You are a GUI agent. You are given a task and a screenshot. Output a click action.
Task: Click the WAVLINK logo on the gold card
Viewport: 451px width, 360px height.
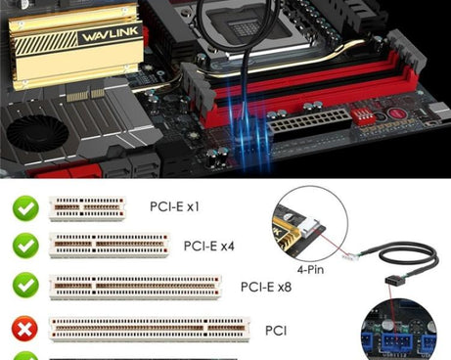pyautogui.click(x=111, y=34)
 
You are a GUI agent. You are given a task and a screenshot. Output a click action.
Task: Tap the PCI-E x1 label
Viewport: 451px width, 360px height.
pyautogui.click(x=174, y=206)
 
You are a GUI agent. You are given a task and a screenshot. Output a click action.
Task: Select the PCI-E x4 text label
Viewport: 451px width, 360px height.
pyautogui.click(x=209, y=247)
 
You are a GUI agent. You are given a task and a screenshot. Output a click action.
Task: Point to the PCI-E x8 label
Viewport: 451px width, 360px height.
pyautogui.click(x=266, y=287)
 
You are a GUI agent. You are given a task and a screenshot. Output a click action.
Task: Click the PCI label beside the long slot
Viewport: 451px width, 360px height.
pyautogui.click(x=276, y=331)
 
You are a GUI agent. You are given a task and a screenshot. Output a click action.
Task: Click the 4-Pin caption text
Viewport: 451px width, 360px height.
pyautogui.click(x=310, y=269)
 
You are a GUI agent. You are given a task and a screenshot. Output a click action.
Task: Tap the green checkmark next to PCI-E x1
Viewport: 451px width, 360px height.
pyautogui.click(x=25, y=208)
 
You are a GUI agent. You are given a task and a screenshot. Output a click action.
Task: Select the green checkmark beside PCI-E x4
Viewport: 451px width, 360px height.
pyautogui.click(x=25, y=246)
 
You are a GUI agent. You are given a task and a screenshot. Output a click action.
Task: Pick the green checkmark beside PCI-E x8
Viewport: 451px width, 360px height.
pyautogui.click(x=25, y=285)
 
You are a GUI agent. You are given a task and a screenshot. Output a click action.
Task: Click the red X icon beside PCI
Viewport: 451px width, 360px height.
pyautogui.click(x=24, y=329)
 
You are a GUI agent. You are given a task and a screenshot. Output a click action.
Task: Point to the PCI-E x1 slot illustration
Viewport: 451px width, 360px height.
pyautogui.click(x=87, y=208)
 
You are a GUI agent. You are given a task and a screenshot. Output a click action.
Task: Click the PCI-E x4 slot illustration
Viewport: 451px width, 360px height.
pyautogui.click(x=109, y=246)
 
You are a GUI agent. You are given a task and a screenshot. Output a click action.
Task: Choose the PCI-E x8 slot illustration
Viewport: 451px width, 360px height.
pyautogui.click(x=135, y=287)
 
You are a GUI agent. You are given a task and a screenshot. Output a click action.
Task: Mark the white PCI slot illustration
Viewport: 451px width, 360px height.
pyautogui.click(x=150, y=330)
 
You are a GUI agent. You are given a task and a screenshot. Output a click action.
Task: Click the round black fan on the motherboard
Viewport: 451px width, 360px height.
pyautogui.click(x=37, y=133)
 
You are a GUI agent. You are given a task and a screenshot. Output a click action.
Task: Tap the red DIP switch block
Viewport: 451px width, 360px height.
pyautogui.click(x=362, y=116)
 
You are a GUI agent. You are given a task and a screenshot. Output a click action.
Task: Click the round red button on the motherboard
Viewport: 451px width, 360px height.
pyautogui.click(x=397, y=113)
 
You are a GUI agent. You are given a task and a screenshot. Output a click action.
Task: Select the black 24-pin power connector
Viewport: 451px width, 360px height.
pyautogui.click(x=309, y=125)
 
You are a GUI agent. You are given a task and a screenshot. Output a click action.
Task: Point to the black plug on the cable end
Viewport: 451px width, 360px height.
pyautogui.click(x=396, y=280)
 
